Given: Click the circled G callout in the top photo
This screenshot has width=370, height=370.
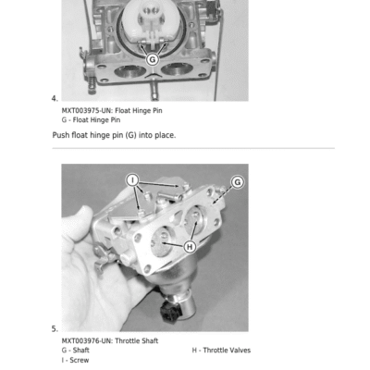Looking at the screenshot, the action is coord(152,59).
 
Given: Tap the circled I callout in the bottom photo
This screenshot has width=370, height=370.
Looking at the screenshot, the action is coord(132,180).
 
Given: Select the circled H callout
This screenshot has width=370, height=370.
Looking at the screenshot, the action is coord(190,247).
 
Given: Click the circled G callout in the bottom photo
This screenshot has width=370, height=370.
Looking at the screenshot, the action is coord(238,182).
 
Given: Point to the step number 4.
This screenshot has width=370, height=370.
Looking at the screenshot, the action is coord(55,99).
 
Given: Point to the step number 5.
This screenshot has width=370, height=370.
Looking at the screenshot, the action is coord(55,329).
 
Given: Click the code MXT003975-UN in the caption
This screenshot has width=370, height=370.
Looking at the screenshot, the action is coord(87,111).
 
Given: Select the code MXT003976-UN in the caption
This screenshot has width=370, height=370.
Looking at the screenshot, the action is coord(87,341).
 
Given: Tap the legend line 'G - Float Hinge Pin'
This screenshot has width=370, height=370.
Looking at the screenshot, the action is coord(91,120).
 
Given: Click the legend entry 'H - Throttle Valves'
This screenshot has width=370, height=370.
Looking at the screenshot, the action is coord(221,351).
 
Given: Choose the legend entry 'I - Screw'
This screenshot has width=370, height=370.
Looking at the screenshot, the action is coord(75,360).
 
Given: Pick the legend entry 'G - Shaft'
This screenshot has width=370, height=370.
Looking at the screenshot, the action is coord(76,351).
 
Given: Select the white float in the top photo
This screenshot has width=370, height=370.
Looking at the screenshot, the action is coord(144,23).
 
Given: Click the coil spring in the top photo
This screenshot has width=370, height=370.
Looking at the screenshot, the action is coord(92,85).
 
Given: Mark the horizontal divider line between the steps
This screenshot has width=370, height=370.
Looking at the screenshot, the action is coord(193,148).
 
